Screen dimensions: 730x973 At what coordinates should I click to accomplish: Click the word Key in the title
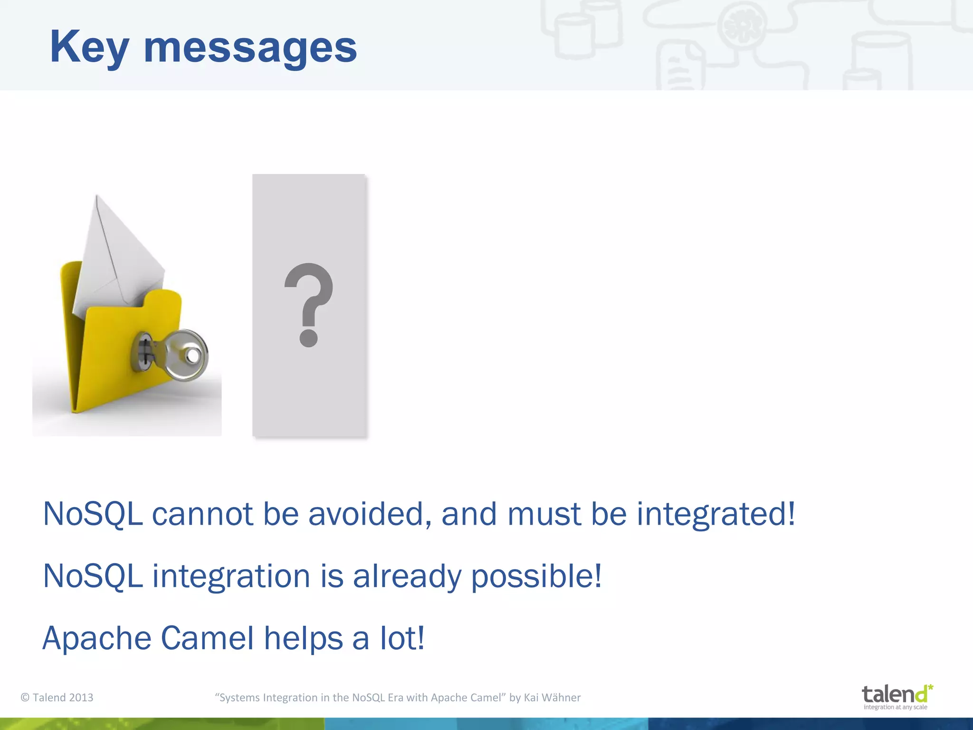(89, 48)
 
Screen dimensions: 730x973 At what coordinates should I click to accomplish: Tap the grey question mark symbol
(309, 304)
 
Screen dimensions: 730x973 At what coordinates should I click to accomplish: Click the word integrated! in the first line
(715, 514)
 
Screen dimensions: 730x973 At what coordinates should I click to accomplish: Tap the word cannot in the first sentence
(202, 514)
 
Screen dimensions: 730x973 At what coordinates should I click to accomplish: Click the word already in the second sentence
(407, 576)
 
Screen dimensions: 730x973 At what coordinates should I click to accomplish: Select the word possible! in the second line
(536, 576)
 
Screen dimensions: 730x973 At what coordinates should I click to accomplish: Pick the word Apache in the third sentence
(96, 638)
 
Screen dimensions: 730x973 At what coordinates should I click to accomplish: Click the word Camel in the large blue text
(207, 638)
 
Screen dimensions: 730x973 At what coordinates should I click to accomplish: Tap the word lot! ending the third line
(402, 638)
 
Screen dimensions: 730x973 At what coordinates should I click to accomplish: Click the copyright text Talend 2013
(57, 698)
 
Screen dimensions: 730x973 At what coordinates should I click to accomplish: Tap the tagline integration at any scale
(895, 707)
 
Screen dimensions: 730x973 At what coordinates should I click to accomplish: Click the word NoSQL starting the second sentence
(93, 576)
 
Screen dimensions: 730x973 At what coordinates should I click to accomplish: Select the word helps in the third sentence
(303, 638)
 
